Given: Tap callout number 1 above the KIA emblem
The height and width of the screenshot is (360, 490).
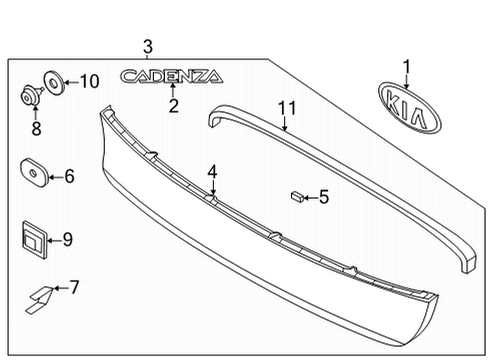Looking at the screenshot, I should [407, 66].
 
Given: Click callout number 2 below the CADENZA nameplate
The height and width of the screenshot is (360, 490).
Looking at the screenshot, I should [173, 106].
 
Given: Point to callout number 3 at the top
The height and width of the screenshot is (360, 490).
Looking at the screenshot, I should [147, 46].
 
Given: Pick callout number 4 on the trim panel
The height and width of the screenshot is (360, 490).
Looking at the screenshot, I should [212, 171].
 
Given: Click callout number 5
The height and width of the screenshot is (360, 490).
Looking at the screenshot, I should [323, 197].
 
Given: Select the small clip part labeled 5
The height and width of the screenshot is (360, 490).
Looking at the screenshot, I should [296, 197].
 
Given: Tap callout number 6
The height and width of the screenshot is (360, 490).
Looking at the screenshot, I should [69, 177].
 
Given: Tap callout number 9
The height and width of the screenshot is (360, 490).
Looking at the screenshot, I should [68, 239].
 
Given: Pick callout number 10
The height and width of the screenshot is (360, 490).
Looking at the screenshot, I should [89, 81].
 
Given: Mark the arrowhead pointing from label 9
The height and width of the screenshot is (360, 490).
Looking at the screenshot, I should [54, 239].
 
